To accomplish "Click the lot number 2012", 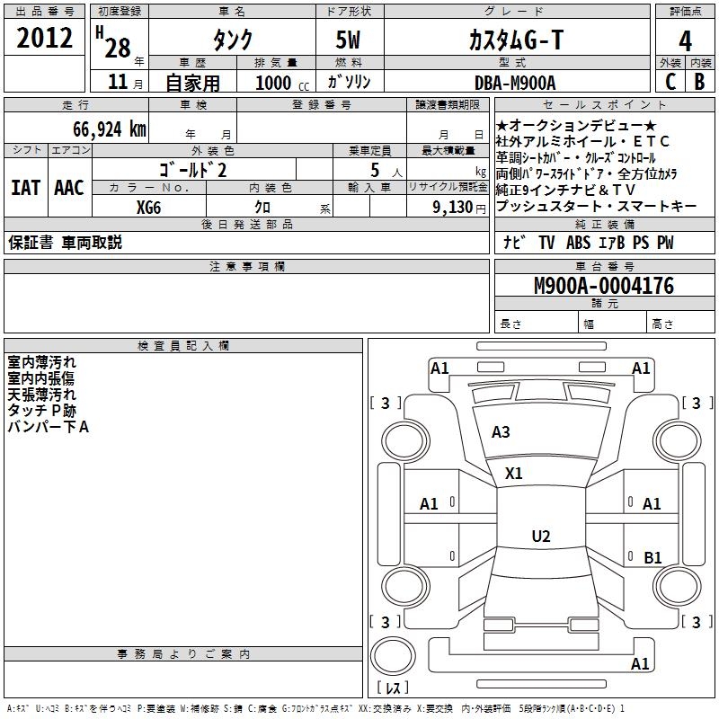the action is [x=44, y=39].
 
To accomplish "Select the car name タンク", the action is [x=232, y=40].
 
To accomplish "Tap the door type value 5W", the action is [x=349, y=40].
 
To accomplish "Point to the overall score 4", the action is [x=685, y=40].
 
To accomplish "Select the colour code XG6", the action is [x=149, y=207].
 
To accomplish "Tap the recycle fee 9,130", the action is [x=457, y=208].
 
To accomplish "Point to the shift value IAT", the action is [x=26, y=188].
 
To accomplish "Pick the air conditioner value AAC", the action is [x=69, y=188].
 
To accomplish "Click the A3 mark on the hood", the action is [x=501, y=432].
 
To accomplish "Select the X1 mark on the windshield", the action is [x=513, y=473].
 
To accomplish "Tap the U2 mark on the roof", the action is [x=540, y=537].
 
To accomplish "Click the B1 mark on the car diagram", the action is [x=652, y=558].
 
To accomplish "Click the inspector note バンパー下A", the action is [x=49, y=427].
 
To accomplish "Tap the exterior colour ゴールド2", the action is [x=193, y=169].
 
